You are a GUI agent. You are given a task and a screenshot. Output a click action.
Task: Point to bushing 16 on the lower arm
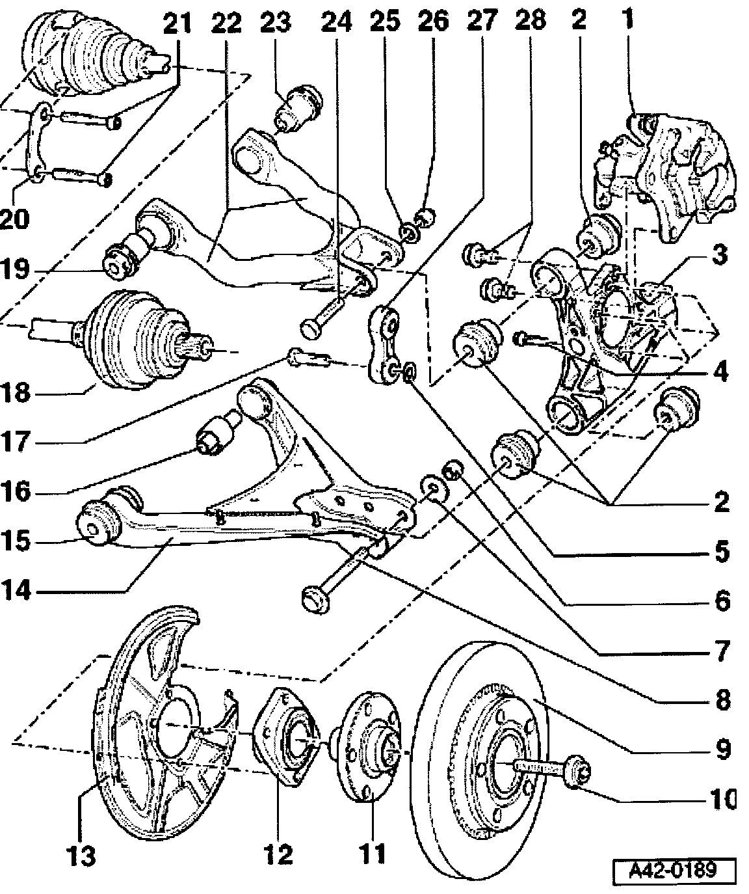[217, 435]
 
